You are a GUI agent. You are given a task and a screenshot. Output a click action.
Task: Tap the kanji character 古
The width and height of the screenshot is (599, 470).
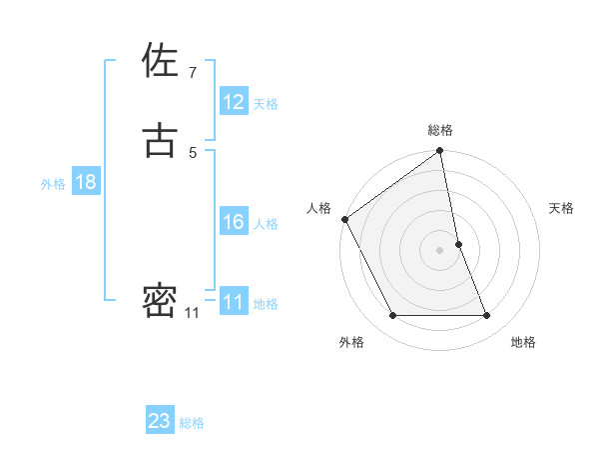coord(160,140)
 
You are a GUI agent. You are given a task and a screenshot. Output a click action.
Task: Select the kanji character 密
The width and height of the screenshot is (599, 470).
coord(160,300)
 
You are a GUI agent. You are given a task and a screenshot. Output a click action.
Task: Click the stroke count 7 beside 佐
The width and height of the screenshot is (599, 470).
coord(192,72)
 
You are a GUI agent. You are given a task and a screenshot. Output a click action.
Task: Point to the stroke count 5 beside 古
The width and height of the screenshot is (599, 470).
coord(192,152)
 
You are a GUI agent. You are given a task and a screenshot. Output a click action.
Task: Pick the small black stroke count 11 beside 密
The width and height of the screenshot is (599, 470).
coord(191,313)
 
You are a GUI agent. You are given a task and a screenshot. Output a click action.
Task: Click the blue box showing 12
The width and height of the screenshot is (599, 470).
coord(234,102)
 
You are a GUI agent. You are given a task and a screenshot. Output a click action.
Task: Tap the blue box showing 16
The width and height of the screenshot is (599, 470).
coord(234,222)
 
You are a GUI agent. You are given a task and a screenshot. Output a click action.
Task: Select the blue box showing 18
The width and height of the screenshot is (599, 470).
coord(86,182)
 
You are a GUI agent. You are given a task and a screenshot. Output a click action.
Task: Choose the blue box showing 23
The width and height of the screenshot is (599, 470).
coord(160,421)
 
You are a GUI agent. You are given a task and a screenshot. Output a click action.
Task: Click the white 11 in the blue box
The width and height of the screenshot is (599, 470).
coord(234,302)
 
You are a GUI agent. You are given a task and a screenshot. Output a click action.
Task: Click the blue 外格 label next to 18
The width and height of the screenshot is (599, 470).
coord(53,184)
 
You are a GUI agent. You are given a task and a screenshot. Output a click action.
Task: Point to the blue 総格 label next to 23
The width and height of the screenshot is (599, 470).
coord(192,423)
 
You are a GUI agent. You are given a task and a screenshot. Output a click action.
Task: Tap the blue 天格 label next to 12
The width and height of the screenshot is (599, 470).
coord(266,104)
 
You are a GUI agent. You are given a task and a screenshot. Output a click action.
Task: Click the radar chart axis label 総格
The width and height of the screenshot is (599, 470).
coord(440,130)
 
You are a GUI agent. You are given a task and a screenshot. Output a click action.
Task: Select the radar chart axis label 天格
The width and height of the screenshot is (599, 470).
coord(562,208)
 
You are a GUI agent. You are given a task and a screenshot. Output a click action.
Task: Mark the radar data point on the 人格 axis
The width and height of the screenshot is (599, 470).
coord(344,219)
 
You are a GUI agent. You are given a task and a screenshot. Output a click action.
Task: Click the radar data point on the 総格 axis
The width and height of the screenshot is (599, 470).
coord(440,152)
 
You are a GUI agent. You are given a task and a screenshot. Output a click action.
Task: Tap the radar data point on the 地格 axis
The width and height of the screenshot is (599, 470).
coord(487,316)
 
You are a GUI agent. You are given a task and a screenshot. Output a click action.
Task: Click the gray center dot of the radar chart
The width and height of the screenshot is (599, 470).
coord(440,250)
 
